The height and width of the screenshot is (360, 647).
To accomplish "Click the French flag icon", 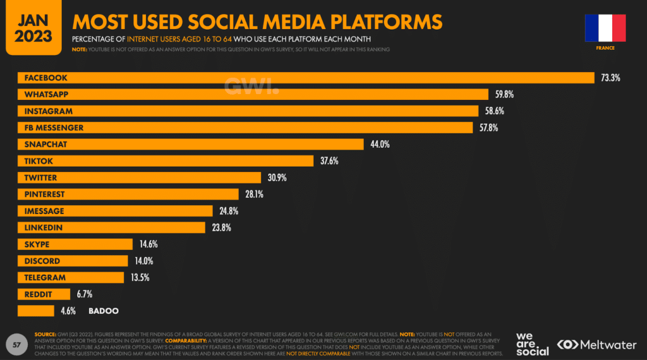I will pos(605,28).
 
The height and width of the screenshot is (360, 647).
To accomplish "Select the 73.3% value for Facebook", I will pos(610,78).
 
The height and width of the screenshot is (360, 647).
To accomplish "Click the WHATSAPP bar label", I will pos(46,95).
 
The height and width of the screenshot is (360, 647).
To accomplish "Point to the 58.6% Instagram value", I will pos(494,111).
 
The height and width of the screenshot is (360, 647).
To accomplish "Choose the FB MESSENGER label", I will pos(54,128).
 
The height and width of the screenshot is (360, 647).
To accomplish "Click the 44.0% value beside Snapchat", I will pos(380,145).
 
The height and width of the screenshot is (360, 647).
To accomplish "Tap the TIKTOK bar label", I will pos(39,161).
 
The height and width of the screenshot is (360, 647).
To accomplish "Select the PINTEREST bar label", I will pos(44,195).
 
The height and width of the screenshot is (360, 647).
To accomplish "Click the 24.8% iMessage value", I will pos(229,211).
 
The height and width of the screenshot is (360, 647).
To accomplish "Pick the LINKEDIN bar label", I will pos(43,227).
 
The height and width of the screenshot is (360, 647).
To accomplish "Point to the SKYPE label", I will pos(37,244).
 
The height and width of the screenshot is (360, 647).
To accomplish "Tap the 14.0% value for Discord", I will pos(143,261).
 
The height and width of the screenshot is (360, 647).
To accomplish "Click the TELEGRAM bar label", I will pos(45,277).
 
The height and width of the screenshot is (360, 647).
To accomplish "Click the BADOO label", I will pos(104,311).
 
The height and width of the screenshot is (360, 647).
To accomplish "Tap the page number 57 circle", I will pos(17,345).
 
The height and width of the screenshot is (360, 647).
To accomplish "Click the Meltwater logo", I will pos(598,345).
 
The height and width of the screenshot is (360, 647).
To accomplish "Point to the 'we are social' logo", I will pos(532,344).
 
